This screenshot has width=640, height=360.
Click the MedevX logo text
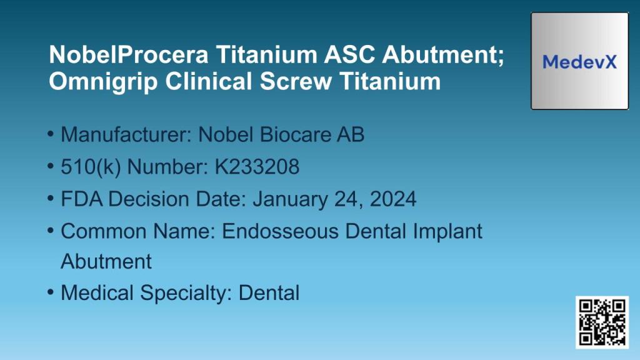point(579,62)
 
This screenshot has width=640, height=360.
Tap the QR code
point(601,322)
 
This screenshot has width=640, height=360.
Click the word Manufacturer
point(125,134)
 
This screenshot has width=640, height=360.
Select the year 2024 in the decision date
point(392,199)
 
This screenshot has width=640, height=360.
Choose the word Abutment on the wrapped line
point(106,261)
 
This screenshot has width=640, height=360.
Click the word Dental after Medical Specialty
point(269,292)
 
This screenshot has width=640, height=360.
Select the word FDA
point(82,199)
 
